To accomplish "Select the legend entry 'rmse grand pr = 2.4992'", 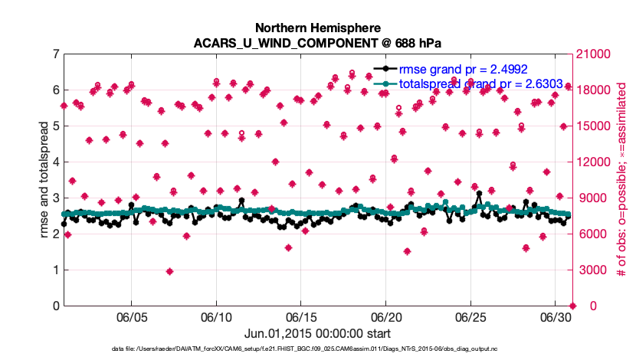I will tap(463, 69).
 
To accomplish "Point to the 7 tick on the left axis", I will tap(55, 54).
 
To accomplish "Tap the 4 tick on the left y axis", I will tap(55, 162).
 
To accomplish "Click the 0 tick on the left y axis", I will tap(55, 306).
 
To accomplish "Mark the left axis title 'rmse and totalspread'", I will tap(45, 180).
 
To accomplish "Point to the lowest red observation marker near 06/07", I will tap(169, 271).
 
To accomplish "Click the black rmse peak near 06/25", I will tap(479, 195).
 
